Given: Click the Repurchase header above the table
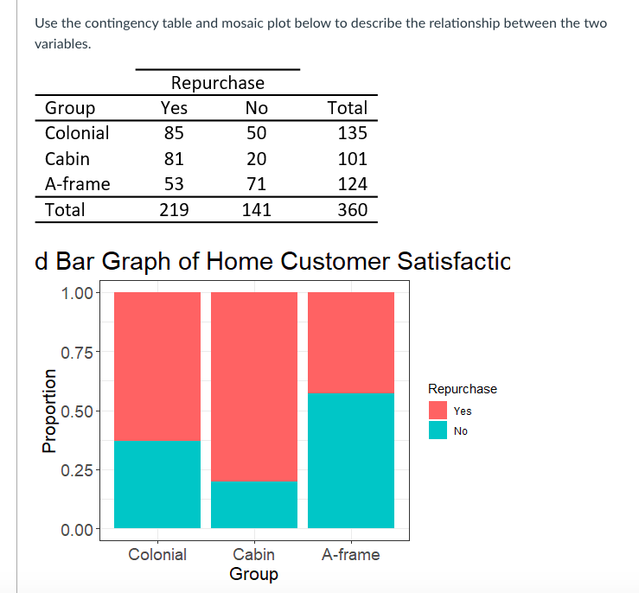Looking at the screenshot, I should coord(217,83).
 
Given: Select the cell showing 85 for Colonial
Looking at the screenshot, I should coord(174,133).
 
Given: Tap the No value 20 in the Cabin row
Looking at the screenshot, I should coord(256,159).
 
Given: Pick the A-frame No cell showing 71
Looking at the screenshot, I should coord(256,184).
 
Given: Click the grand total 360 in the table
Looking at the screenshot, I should coord(352,210).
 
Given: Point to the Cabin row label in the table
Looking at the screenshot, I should coord(67,159).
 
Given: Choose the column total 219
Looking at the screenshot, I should coord(174,210).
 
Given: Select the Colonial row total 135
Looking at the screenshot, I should coord(352,133).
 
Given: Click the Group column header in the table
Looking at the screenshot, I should coord(70,108).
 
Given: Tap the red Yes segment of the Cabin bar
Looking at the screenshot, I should coord(254,386).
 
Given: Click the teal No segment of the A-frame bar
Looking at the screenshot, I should coord(351,460).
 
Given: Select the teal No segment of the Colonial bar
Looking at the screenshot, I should coord(157,484).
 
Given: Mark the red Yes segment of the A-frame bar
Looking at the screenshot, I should coord(351,342).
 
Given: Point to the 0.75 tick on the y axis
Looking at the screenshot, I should coord(78,352).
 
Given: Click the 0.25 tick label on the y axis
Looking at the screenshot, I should coord(78,470).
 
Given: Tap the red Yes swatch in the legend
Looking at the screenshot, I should coord(438,411).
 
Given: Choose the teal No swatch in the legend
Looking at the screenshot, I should coord(438,430).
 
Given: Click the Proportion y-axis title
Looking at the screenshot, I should coord(49,411).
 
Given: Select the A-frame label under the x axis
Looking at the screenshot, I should coord(350,554).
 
